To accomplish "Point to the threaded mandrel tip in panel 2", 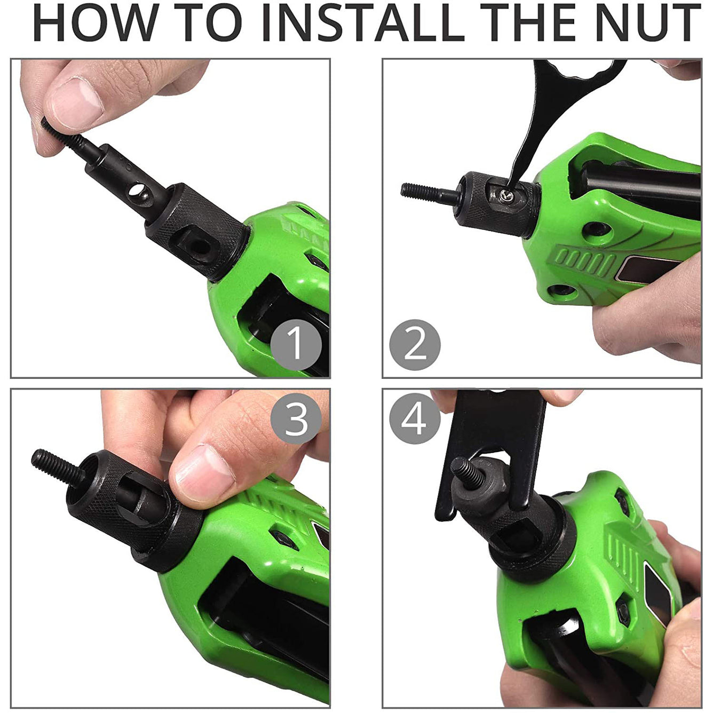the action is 422,191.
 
